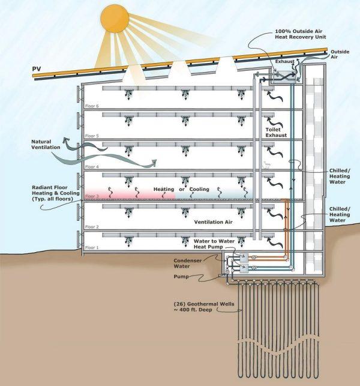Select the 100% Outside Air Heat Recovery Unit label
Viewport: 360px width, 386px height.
click(x=299, y=33)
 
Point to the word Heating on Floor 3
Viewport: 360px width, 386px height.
click(x=164, y=190)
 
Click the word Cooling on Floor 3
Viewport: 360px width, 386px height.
click(x=199, y=190)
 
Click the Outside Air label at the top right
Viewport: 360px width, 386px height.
click(x=339, y=55)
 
